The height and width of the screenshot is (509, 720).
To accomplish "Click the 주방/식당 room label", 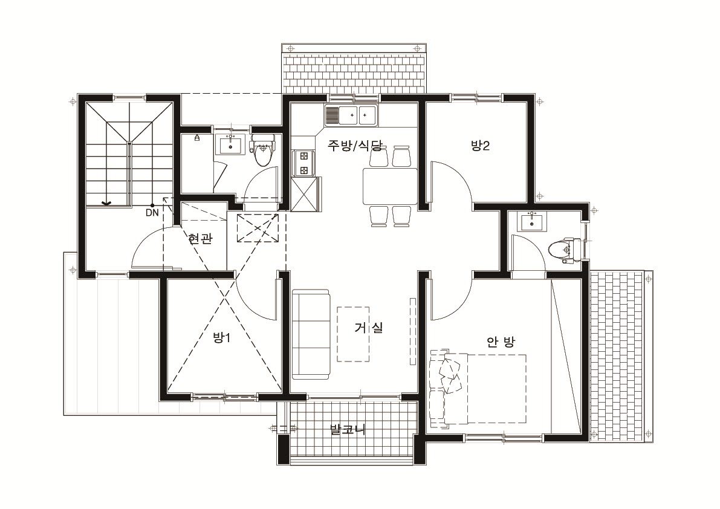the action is tap(354, 146).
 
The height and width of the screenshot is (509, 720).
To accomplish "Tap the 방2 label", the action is tap(481, 146).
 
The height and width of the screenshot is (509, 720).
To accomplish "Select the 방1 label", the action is tap(221, 338).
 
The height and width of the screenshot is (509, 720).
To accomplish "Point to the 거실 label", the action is tap(369, 327).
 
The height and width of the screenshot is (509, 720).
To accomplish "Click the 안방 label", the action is tap(501, 342).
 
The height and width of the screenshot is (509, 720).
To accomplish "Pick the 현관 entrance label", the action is tap(200, 238).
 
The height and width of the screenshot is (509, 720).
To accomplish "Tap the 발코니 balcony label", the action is tap(348, 430).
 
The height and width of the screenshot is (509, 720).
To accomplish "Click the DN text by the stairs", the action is tap(152, 213).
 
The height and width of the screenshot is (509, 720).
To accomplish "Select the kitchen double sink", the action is tap(351, 115).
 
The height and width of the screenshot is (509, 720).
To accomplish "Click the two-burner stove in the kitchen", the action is tap(303, 163).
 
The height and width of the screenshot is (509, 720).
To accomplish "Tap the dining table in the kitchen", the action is tap(391, 186).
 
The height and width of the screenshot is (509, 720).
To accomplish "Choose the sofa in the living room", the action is tap(311, 334).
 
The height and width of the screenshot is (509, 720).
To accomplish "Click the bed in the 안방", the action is tap(478, 389).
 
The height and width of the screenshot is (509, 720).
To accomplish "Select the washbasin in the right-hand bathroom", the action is tap(532, 222).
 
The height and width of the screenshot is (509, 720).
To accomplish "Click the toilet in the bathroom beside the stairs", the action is tap(262, 150).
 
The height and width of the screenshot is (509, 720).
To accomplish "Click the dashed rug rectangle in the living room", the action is tap(354, 334).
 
